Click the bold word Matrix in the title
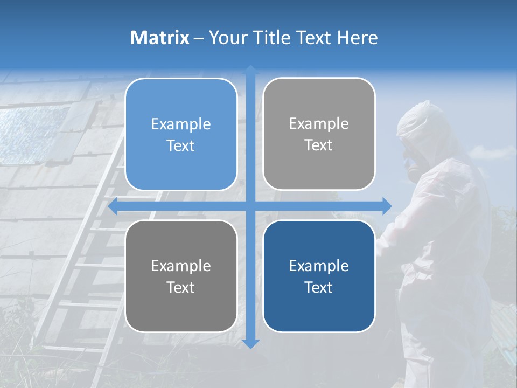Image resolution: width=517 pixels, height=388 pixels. click(x=160, y=38)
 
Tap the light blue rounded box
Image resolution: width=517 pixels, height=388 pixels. click(x=181, y=135)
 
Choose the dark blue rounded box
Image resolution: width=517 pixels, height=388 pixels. click(x=319, y=276)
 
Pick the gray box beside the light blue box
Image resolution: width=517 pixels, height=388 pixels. click(x=319, y=134)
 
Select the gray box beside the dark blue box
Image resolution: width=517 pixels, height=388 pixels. click(x=181, y=276)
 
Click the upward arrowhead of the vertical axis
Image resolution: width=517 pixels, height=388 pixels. click(x=250, y=70)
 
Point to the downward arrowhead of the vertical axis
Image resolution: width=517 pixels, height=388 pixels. click(x=250, y=343)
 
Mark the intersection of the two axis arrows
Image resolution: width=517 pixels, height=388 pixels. click(x=250, y=206)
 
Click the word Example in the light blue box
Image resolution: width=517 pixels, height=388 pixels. click(x=181, y=124)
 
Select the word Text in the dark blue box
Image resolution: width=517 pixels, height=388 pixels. click(x=319, y=287)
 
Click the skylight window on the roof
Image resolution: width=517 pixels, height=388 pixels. click(x=32, y=135)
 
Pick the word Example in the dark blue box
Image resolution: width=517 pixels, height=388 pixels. click(x=319, y=266)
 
